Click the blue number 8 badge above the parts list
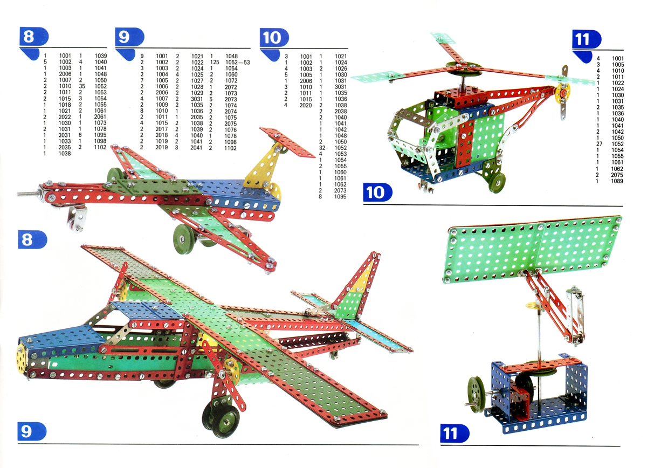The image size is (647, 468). (x=34, y=37)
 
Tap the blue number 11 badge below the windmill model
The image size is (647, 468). (x=455, y=433)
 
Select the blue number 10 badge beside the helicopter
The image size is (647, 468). (x=377, y=192)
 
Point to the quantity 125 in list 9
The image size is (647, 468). (x=215, y=63)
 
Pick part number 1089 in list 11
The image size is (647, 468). (x=617, y=181)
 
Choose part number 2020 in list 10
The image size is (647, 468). (x=306, y=106)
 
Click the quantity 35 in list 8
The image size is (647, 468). (x=82, y=86)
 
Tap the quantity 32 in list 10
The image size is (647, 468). (x=322, y=148)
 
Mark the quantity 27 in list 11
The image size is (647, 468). (x=600, y=144)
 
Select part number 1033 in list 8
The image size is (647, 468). (x=65, y=141)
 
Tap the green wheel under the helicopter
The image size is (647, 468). (x=497, y=183)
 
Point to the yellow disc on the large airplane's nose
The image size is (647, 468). (x=22, y=359)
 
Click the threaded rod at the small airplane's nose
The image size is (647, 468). (x=29, y=194)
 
